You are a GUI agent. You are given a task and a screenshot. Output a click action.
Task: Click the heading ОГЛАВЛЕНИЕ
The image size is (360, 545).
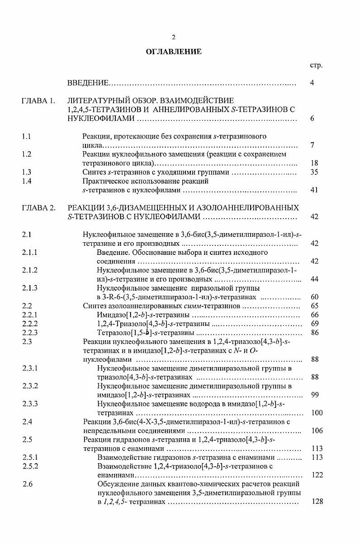174,52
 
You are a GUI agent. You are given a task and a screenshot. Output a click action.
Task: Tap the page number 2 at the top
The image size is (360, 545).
174,37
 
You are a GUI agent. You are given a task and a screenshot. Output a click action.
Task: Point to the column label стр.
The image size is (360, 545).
316,65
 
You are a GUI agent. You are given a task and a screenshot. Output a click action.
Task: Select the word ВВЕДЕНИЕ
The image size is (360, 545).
88,83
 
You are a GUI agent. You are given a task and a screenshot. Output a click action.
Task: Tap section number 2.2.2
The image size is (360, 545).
29,324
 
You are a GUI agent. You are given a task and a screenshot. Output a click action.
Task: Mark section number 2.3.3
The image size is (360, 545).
29,404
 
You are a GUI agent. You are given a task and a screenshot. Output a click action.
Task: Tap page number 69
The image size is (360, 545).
315,324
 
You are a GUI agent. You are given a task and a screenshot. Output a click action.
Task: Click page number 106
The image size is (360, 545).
317,430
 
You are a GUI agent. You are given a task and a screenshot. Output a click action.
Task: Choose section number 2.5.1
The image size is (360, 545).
29,457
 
